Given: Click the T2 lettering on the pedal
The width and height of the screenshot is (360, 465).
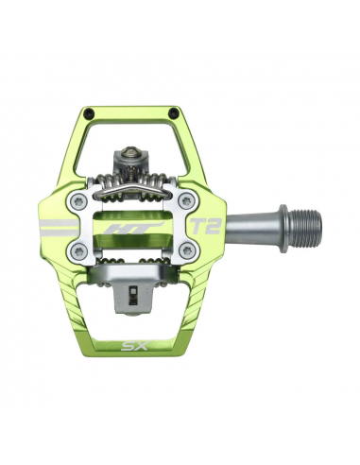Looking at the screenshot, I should (x=202, y=227).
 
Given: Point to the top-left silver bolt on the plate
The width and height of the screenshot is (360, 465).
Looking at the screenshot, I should (x=82, y=200).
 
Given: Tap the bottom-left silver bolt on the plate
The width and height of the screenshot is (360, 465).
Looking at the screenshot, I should (x=82, y=251).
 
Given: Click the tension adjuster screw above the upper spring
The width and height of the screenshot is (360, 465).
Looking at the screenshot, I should (x=134, y=150).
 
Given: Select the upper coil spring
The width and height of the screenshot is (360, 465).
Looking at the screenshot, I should (x=134, y=177).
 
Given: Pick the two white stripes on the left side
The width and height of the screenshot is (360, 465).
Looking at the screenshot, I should (x=59, y=227).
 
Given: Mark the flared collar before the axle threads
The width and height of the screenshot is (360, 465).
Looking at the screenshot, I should (x=282, y=225).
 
